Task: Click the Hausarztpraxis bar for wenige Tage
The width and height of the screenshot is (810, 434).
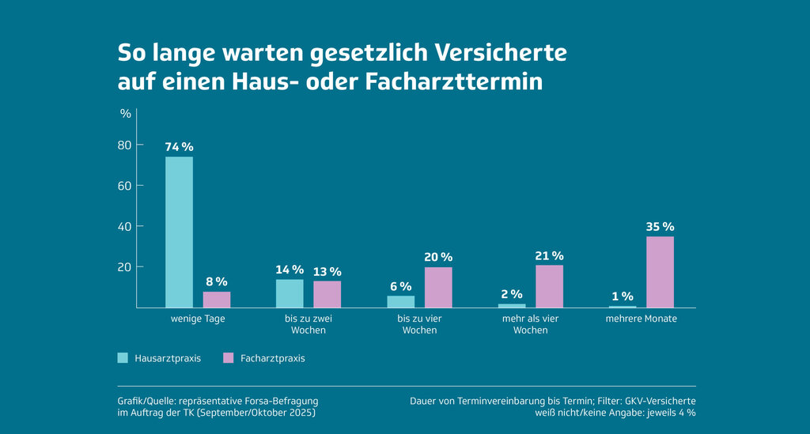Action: pyautogui.click(x=179, y=232)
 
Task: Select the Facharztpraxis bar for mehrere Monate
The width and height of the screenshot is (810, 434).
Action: pyautogui.click(x=660, y=271)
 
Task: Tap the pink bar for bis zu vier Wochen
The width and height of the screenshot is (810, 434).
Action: pyautogui.click(x=438, y=287)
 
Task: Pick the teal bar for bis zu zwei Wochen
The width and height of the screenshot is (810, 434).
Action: pyautogui.click(x=290, y=293)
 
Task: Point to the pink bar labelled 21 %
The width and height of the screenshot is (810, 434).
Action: pyautogui.click(x=549, y=286)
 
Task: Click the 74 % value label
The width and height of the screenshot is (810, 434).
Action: pyautogui.click(x=179, y=147)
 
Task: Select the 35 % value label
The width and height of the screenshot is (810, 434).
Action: pyautogui.click(x=660, y=227)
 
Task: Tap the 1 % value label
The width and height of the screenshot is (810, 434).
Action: pyautogui.click(x=623, y=296)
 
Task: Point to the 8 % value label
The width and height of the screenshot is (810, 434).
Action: pyautogui.click(x=217, y=282)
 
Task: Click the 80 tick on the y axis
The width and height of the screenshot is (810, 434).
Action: pyautogui.click(x=124, y=145)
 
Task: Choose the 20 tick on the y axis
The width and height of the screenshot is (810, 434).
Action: pyautogui.click(x=124, y=267)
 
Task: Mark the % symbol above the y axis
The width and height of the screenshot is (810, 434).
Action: pyautogui.click(x=126, y=112)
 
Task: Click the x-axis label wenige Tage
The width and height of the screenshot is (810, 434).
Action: pyautogui.click(x=198, y=319)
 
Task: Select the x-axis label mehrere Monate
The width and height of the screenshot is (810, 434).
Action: pyautogui.click(x=641, y=319)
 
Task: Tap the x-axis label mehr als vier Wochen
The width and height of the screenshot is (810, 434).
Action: pyautogui.click(x=530, y=324)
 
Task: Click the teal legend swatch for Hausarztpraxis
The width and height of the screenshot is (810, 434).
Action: pyautogui.click(x=123, y=358)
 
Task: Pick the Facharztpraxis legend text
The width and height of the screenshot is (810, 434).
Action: pyautogui.click(x=274, y=358)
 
